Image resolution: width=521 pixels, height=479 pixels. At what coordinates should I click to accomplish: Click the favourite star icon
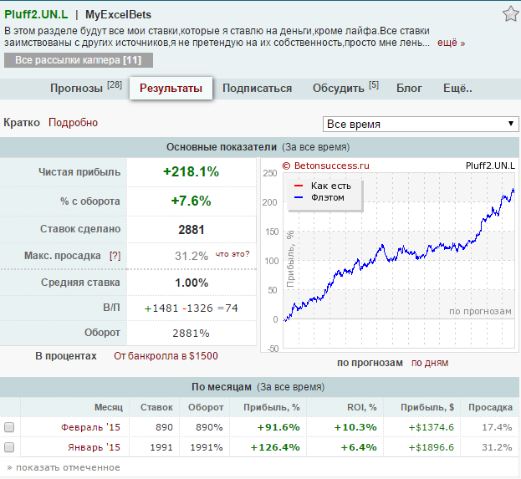[510, 14]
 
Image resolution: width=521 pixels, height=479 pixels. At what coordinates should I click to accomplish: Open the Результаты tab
[171, 89]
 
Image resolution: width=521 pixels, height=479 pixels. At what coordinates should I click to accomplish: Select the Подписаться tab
[257, 89]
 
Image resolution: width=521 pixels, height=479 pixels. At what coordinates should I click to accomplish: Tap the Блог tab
[409, 89]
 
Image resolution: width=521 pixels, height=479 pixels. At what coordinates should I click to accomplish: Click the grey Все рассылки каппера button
[79, 60]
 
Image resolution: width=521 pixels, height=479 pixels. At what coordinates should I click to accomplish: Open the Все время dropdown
[421, 124]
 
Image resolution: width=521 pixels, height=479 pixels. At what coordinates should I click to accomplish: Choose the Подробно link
[73, 123]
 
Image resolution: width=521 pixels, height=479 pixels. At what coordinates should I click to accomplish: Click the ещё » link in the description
[451, 43]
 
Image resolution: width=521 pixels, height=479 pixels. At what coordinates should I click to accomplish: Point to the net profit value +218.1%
[191, 171]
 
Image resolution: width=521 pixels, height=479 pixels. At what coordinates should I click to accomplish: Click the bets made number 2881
[191, 230]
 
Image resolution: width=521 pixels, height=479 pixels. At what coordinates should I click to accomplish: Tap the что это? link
[232, 254]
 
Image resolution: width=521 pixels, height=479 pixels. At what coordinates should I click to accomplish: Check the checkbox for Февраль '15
[9, 427]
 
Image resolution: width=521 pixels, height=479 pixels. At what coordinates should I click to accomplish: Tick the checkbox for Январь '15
[9, 447]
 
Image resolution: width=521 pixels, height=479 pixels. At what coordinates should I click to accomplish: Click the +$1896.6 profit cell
[431, 447]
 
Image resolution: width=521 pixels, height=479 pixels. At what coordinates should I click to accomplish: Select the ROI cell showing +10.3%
[355, 427]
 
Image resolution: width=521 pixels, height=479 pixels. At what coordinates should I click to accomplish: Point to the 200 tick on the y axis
[269, 202]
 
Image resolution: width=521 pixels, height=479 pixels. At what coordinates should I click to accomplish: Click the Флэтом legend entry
[328, 197]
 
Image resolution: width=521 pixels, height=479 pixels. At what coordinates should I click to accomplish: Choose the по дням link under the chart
[430, 363]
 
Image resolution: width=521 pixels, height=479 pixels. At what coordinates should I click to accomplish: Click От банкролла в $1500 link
[166, 356]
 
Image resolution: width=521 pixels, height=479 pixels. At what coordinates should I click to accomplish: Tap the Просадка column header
[490, 407]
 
